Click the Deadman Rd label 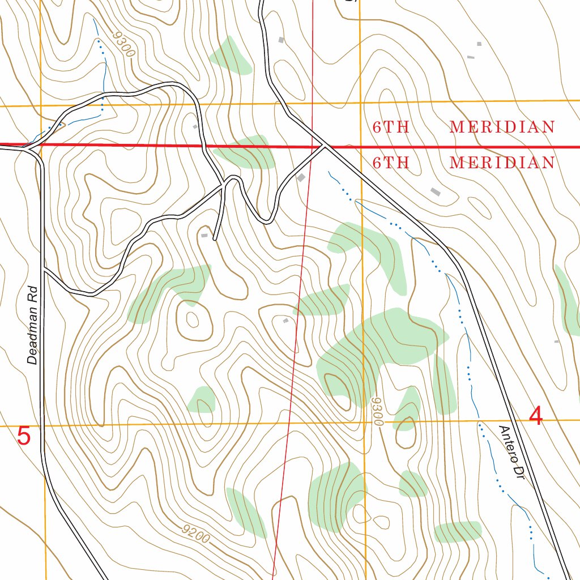pos(34,325)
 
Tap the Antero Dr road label pos(510,453)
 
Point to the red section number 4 pos(535,416)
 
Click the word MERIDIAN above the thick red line pos(502,127)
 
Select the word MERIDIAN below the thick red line pos(502,163)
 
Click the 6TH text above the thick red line pos(391,127)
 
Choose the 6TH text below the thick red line pos(391,163)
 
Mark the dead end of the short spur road pos(215,240)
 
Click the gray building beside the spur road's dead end pos(204,234)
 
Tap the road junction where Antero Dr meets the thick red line pos(324,146)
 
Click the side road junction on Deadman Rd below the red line pos(44,270)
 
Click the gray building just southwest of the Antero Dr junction pos(301,178)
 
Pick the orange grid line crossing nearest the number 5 pos(41,425)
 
